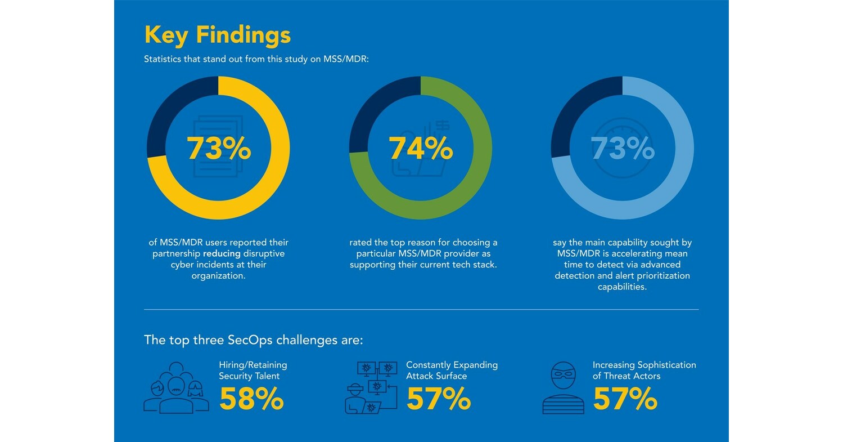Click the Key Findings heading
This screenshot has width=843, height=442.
pyautogui.click(x=218, y=35)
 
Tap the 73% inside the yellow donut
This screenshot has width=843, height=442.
pyautogui.click(x=219, y=149)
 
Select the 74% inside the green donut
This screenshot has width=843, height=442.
pyautogui.click(x=421, y=149)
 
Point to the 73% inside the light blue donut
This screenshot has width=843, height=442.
pyautogui.click(x=623, y=149)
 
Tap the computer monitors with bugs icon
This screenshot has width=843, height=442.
pyautogui.click(x=371, y=387)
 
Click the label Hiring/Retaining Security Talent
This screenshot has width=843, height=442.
pyautogui.click(x=253, y=370)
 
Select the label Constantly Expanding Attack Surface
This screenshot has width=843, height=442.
pyautogui.click(x=452, y=370)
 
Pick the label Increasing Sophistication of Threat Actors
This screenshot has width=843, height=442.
pyautogui.click(x=644, y=370)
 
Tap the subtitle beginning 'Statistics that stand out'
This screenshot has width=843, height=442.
pyautogui.click(x=256, y=59)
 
